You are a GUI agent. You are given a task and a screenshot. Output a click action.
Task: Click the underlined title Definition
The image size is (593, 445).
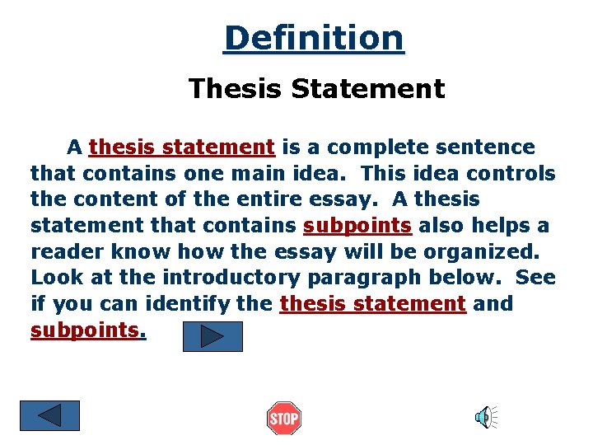click(313, 38)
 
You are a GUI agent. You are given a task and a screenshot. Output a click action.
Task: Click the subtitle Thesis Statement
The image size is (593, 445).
click(316, 88)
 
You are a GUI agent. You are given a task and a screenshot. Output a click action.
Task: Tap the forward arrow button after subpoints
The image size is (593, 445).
click(212, 336)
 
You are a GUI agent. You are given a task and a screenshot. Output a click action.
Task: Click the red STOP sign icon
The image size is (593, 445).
click(284, 419)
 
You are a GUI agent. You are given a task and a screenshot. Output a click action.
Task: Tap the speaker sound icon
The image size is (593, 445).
click(485, 417)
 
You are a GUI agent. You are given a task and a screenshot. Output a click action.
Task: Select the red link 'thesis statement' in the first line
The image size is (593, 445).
click(182, 148)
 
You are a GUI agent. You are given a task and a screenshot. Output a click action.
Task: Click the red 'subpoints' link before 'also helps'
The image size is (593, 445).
click(357, 226)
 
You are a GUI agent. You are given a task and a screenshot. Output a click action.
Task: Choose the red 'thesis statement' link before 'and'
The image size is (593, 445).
click(373, 303)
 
